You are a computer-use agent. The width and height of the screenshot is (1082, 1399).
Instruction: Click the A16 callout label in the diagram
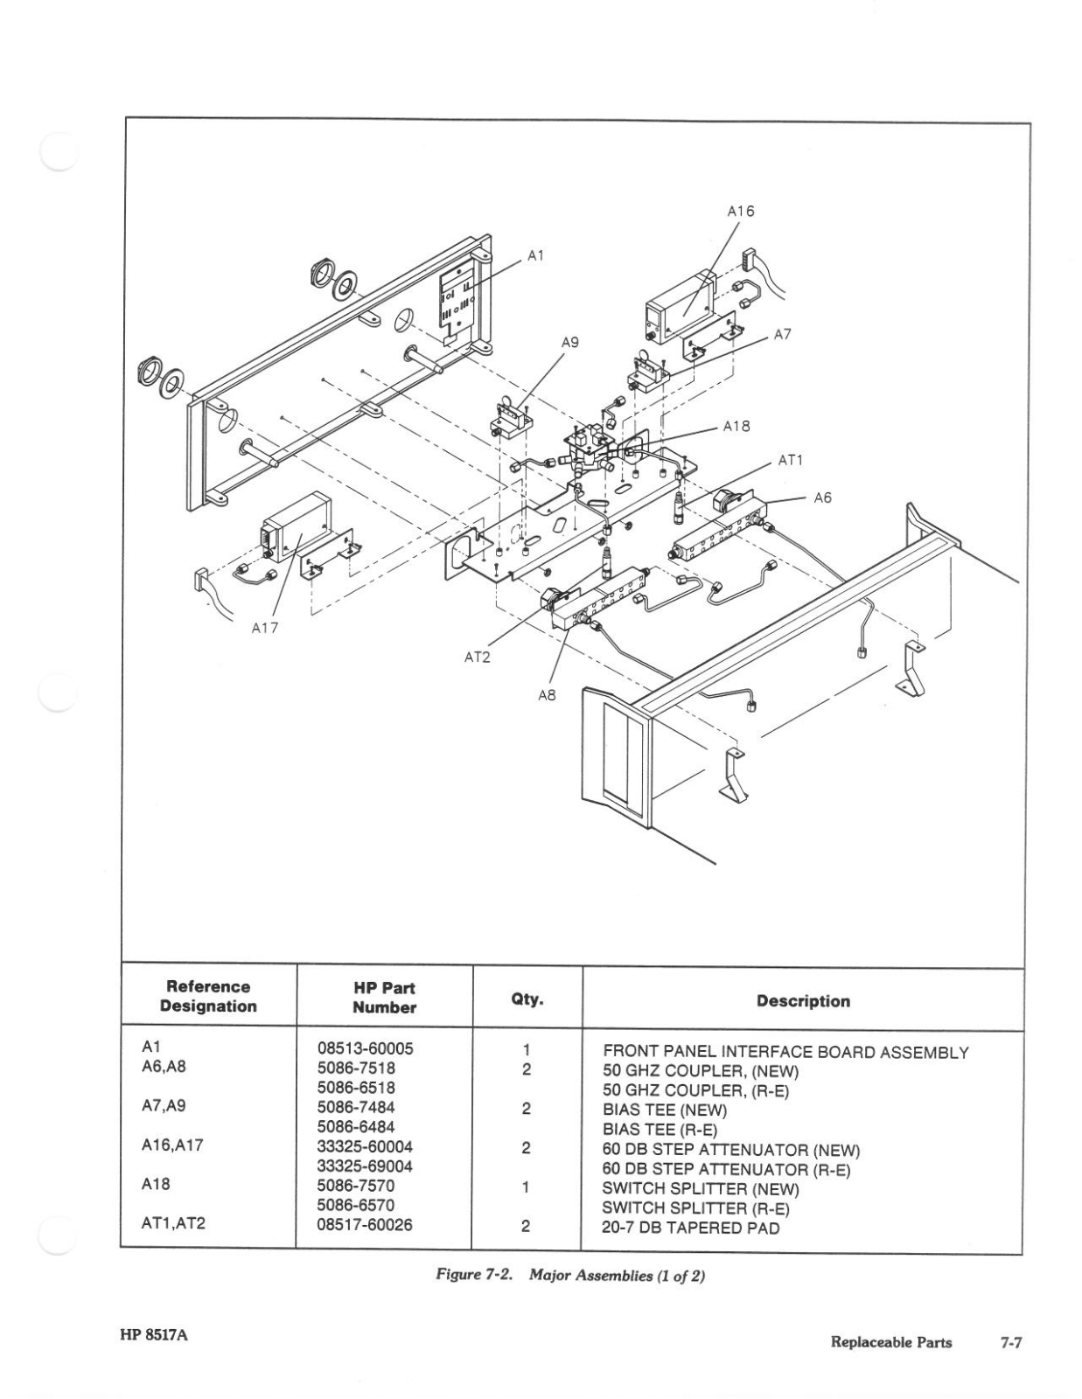(x=740, y=211)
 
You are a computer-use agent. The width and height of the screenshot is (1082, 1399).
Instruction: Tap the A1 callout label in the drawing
(x=535, y=255)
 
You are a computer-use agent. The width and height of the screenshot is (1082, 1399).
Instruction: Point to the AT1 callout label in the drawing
(x=790, y=460)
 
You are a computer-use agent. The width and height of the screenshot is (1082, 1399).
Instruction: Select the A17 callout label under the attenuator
(x=264, y=627)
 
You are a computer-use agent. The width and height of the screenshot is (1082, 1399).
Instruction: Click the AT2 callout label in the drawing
(x=477, y=657)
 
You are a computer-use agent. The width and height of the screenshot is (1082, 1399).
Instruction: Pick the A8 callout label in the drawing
(x=547, y=696)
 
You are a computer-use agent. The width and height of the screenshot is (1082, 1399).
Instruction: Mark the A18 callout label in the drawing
(x=736, y=427)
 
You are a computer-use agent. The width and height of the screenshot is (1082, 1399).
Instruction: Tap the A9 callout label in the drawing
(x=569, y=343)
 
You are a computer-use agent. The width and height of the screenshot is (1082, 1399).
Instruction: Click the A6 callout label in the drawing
(x=822, y=498)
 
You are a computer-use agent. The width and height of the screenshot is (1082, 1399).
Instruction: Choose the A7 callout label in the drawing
(x=783, y=334)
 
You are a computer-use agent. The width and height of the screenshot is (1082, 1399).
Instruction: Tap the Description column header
(x=803, y=1001)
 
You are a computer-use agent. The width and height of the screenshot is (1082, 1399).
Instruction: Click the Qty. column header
(x=527, y=999)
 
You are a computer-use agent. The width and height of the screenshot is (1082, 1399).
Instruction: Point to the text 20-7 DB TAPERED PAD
(x=690, y=1228)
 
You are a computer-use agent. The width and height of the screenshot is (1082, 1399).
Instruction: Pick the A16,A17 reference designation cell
(x=172, y=1145)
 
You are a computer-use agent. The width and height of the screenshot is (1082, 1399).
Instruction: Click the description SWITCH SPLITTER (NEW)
(x=700, y=1188)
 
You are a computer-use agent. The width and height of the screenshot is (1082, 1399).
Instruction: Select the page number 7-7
(x=1011, y=1342)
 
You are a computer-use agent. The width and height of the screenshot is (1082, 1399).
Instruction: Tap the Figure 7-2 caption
(x=569, y=1276)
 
